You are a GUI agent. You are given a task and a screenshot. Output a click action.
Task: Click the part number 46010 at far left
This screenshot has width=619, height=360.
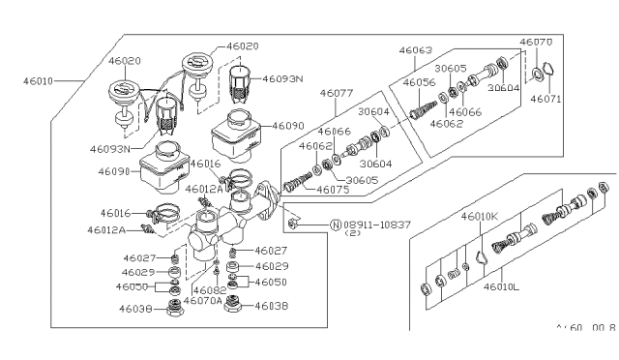click(x=39, y=82)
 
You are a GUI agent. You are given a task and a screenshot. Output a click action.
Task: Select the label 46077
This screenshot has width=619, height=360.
click(x=338, y=94)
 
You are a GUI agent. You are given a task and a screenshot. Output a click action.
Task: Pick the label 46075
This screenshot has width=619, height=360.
click(x=336, y=190)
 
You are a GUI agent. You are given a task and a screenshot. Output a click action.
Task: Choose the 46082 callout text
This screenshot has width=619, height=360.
click(x=210, y=289)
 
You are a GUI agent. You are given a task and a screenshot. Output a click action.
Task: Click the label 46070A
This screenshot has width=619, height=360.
click(x=203, y=301)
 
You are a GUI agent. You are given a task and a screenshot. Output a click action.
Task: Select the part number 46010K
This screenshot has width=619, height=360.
click(x=481, y=215)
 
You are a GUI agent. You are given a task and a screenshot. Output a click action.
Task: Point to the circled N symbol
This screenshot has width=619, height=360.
click(x=336, y=225)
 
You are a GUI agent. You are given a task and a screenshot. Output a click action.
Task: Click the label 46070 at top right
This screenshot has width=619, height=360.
click(x=536, y=43)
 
